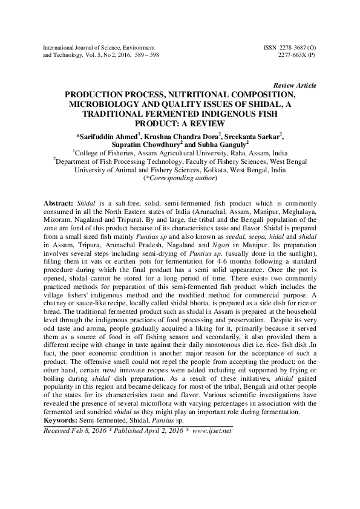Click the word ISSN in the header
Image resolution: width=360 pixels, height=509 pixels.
[x=272, y=47]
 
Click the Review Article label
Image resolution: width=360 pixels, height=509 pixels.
[x=295, y=86]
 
